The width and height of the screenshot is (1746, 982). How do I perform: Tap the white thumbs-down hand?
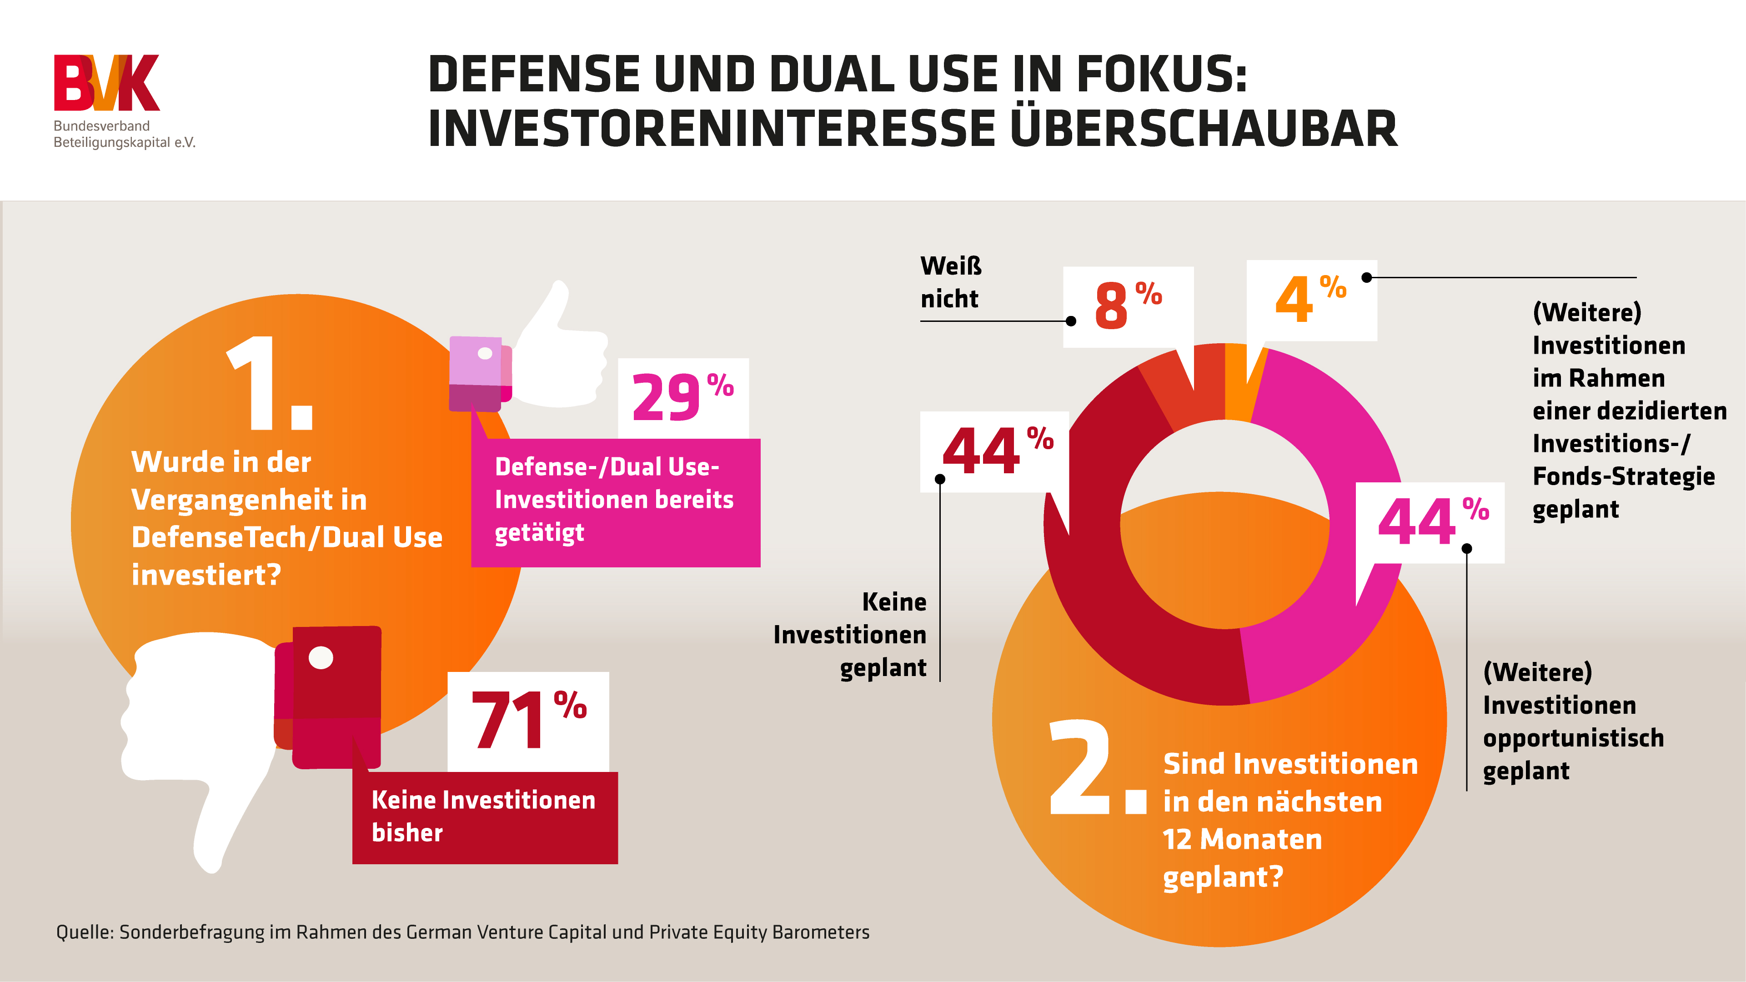tap(196, 732)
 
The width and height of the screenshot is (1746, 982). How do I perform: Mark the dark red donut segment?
tap(1112, 610)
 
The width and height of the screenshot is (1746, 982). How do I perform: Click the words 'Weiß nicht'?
tap(950, 282)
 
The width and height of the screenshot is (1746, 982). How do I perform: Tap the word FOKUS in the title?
tap(1160, 75)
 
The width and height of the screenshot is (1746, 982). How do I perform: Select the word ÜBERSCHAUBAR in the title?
tap(1203, 129)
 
